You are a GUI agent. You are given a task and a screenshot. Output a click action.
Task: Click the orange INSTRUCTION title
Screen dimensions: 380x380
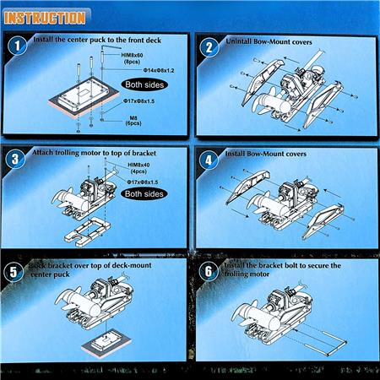click(44, 17)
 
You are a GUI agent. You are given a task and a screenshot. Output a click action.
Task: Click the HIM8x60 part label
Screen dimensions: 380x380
click(117, 53)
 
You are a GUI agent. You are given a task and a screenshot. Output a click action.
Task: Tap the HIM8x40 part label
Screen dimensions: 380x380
click(138, 166)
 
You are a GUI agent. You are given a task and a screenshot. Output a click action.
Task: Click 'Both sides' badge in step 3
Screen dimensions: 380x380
click(144, 193)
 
